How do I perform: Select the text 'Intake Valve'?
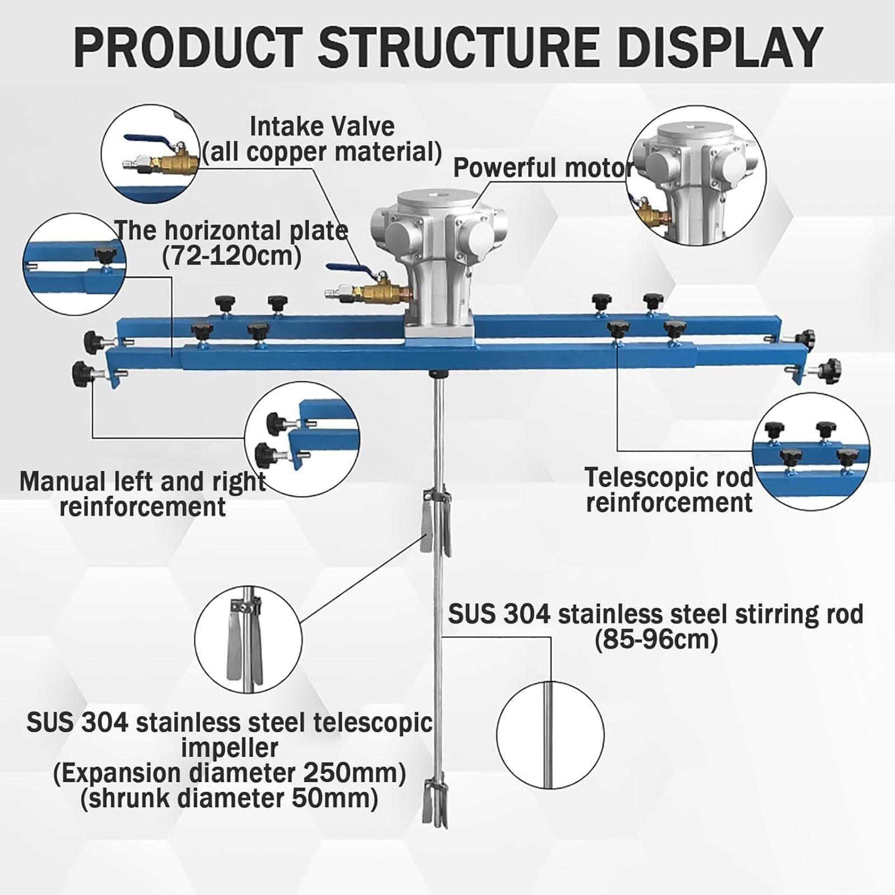pos(322,126)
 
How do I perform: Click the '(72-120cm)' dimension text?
pos(231,256)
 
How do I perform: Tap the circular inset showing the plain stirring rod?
pos(550,735)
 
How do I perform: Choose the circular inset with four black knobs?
pos(811,452)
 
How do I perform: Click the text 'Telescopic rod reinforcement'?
pos(669,490)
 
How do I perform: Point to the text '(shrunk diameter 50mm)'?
pos(229,798)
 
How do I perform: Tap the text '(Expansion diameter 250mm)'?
pos(229,773)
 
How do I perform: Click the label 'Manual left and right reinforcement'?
pos(143,494)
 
